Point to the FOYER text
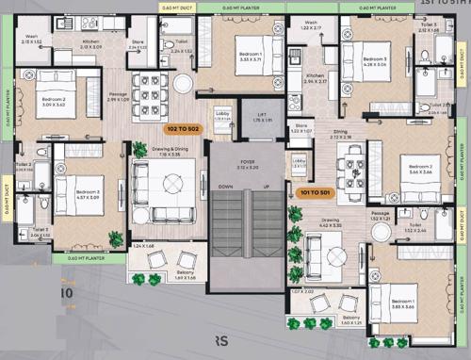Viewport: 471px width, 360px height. [x=248, y=163]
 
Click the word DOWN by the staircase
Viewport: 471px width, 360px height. [x=226, y=187]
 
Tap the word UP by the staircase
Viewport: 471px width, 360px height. [x=268, y=187]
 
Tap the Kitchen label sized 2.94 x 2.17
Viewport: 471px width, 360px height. [x=315, y=79]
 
